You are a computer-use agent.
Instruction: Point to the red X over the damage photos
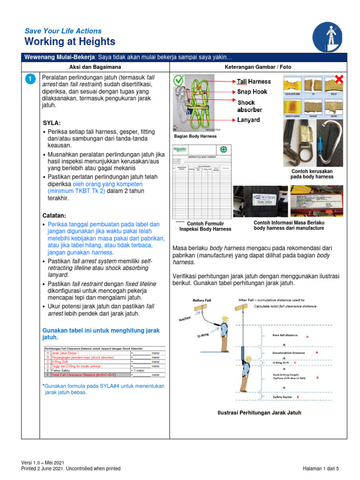tap(338, 80)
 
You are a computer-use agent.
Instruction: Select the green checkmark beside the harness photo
tap(179, 81)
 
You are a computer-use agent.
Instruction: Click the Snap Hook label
tap(252, 92)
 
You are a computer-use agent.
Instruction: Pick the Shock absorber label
tap(249, 106)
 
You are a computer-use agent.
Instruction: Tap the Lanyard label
tap(249, 120)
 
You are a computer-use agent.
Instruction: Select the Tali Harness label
tap(254, 82)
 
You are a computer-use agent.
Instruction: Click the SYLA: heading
tap(52, 123)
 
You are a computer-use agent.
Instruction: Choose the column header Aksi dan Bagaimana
tap(95, 67)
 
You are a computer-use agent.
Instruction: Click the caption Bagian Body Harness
tap(195, 136)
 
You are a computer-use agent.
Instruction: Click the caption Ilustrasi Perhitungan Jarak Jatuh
tap(259, 413)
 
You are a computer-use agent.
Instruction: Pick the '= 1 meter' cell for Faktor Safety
tap(139, 370)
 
